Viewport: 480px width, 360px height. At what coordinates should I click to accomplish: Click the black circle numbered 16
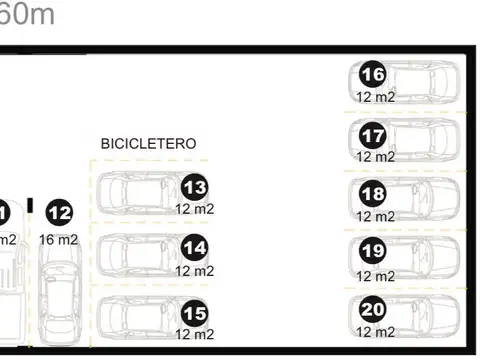pos(373,75)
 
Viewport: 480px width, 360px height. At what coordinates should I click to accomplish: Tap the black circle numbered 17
pos(373,134)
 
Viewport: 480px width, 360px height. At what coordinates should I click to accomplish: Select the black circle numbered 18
pos(373,193)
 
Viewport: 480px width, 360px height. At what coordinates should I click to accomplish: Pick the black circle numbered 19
pos(373,252)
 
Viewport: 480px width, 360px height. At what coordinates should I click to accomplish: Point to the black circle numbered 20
pos(373,310)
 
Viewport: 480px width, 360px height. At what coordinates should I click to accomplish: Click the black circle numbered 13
pos(195,187)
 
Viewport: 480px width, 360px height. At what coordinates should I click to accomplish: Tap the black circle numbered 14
pos(195,249)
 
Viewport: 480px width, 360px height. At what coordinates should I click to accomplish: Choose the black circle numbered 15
pos(195,313)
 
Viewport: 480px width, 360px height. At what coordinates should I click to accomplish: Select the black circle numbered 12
pos(60,213)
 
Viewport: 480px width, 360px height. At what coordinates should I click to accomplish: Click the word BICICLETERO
pos(149,144)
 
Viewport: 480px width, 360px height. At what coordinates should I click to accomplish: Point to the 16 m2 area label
pos(59,240)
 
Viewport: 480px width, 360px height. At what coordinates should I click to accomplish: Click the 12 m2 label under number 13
pos(195,209)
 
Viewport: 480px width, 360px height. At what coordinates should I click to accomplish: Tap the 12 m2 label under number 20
pos(376,332)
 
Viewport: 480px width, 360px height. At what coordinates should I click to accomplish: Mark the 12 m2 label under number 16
pos(376,97)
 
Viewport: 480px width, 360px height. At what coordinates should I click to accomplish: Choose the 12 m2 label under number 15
pos(195,334)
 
